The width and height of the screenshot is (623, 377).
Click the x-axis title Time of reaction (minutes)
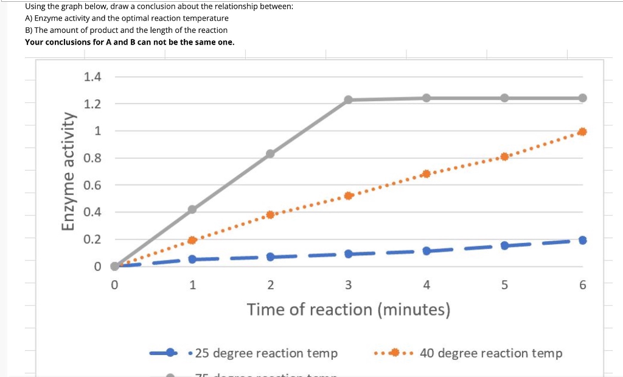(x=349, y=309)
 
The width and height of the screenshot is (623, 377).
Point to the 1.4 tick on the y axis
(x=92, y=77)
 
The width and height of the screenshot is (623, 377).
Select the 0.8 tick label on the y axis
(x=92, y=158)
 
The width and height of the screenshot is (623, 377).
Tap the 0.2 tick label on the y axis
(x=92, y=239)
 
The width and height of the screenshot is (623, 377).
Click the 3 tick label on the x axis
(x=349, y=284)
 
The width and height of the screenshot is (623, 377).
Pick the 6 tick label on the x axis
(x=582, y=284)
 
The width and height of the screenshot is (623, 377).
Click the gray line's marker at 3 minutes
(x=349, y=100)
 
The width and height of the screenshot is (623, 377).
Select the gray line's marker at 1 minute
(x=192, y=210)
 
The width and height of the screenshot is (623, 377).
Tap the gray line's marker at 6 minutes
(x=582, y=98)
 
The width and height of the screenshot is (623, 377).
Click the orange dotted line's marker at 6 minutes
(x=582, y=132)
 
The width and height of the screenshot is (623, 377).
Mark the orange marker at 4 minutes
(x=426, y=174)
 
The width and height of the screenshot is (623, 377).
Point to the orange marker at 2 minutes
(x=271, y=214)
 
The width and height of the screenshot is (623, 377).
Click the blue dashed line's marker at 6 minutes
(x=582, y=240)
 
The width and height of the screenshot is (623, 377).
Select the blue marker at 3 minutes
(x=349, y=253)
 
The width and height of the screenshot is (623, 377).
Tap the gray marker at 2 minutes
(x=271, y=154)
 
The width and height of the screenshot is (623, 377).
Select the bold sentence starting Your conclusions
(x=129, y=42)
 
